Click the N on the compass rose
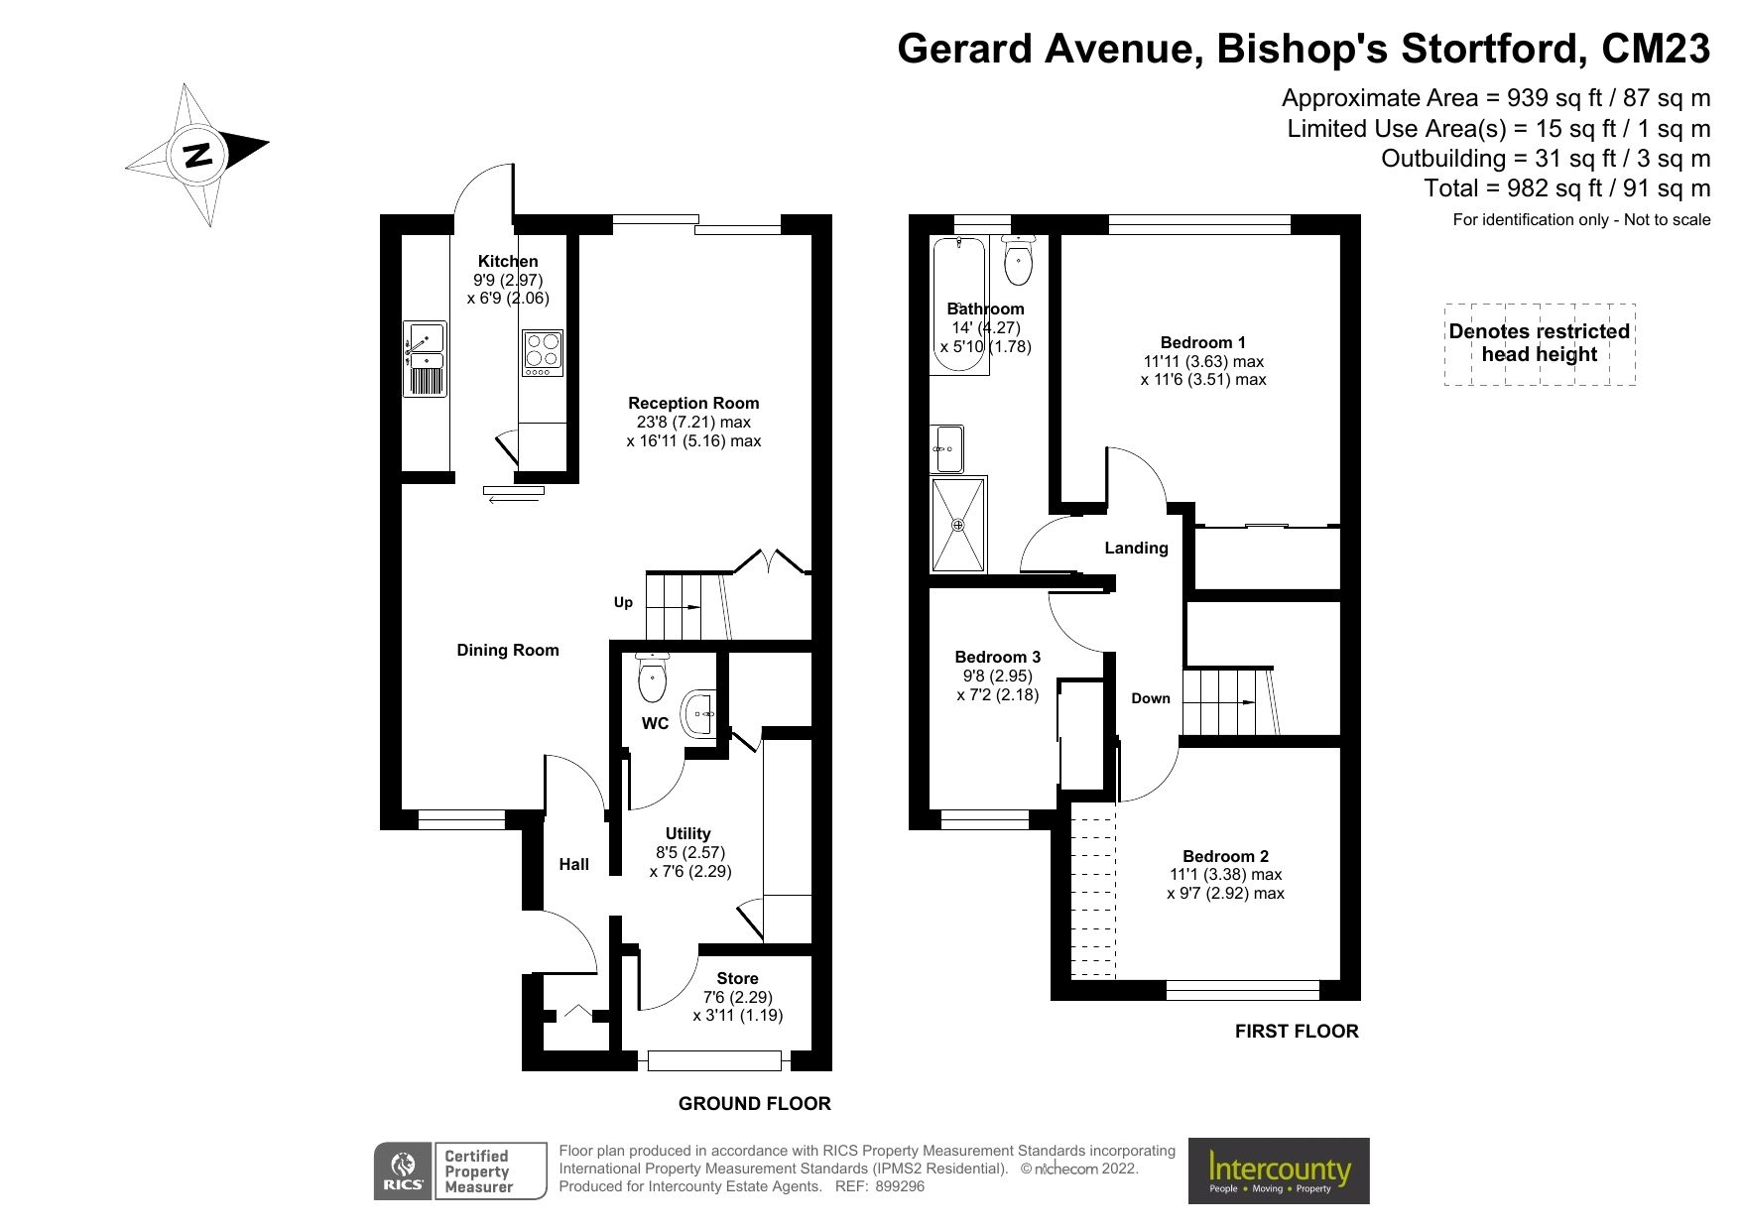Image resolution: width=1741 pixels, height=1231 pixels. coord(198,155)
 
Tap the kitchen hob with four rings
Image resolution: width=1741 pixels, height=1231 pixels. coord(543,352)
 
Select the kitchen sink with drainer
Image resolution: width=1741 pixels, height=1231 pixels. coord(425,359)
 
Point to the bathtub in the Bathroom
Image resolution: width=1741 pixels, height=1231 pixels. coord(959,305)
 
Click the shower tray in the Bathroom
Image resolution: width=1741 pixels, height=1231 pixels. coord(959,525)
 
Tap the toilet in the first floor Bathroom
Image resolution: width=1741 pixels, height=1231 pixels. coord(1019,260)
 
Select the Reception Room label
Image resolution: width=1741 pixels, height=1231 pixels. coord(693,403)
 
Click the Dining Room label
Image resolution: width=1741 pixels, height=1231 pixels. coord(508,650)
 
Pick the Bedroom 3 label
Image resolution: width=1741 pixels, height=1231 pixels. coord(997,657)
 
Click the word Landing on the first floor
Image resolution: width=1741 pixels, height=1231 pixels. coord(1136,548)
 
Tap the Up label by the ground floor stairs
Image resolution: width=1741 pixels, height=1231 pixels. coord(623,602)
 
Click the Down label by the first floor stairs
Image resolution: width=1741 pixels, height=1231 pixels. coord(1151,698)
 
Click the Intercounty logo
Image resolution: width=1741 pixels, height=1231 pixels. coord(1279,1170)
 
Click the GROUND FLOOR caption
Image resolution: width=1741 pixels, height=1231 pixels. coord(754,1103)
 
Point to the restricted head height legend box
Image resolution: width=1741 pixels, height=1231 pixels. coord(1539,343)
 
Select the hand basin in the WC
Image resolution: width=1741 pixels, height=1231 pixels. coord(700,712)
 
